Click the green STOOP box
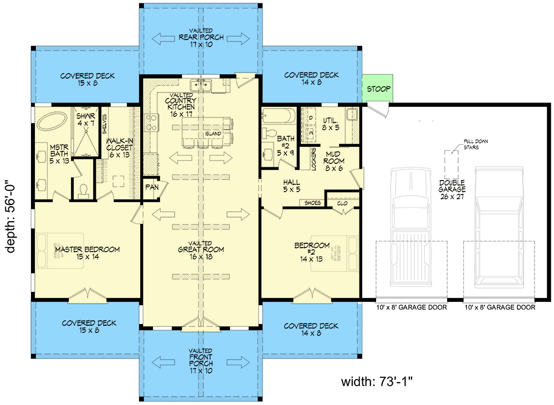[378, 89]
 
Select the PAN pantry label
[152, 187]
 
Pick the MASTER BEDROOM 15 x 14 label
[87, 253]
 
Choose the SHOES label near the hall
[313, 203]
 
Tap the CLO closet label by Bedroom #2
[342, 203]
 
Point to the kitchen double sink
[202, 85]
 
